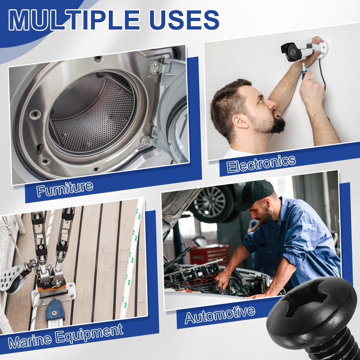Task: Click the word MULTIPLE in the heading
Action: coord(74,20)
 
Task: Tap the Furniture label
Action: coord(65,189)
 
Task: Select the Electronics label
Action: coord(261,163)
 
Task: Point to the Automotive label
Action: coord(220,315)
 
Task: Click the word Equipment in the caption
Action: coord(89,333)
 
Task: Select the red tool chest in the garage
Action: coord(209,255)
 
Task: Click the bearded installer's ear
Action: coord(240,121)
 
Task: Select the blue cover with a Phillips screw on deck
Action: coord(55,310)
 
